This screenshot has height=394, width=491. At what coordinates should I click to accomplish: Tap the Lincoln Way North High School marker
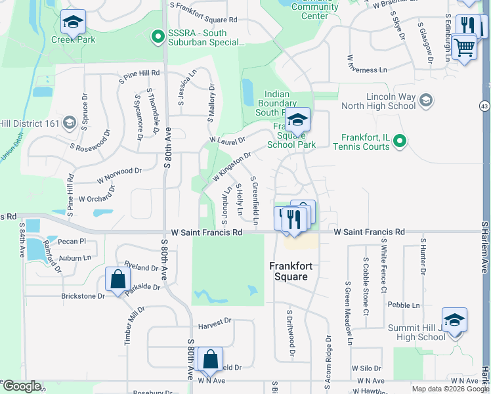click(426, 100)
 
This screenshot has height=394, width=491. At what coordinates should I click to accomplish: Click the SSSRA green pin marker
click(157, 37)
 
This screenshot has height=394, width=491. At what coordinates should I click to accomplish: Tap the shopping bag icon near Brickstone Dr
click(117, 278)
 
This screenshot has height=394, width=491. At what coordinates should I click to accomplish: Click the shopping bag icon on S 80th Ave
click(210, 359)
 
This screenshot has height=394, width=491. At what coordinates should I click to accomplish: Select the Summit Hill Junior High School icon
click(454, 320)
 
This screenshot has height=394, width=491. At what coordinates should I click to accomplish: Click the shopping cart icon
click(464, 46)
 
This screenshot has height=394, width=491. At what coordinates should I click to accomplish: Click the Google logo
click(21, 386)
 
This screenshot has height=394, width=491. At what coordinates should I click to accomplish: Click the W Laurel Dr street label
click(226, 140)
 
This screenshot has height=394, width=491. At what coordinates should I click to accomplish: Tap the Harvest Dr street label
click(215, 321)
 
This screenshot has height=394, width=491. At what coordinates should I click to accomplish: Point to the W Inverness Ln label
click(372, 70)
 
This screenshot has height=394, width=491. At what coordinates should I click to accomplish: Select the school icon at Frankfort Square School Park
click(297, 120)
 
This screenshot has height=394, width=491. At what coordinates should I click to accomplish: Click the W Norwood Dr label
click(119, 175)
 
